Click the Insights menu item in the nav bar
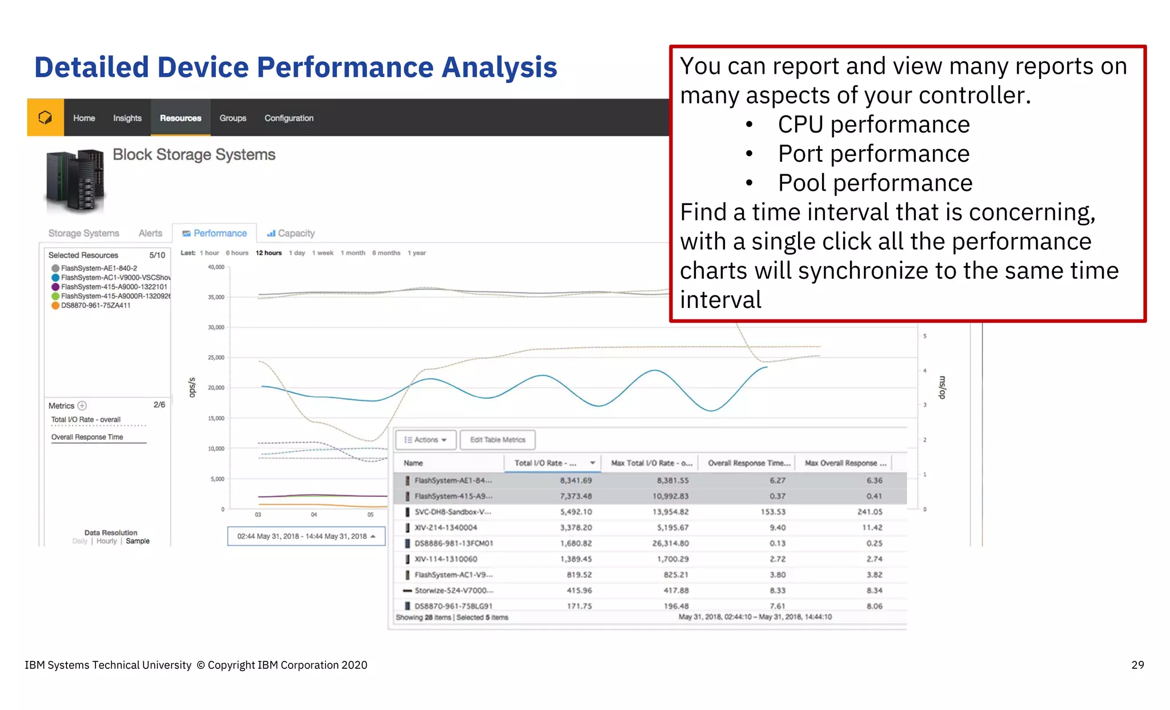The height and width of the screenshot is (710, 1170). pyautogui.click(x=127, y=118)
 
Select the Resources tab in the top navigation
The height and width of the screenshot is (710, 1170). pyautogui.click(x=181, y=118)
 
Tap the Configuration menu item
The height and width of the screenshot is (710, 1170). pyautogui.click(x=289, y=118)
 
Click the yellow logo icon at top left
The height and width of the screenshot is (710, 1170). pyautogui.click(x=45, y=118)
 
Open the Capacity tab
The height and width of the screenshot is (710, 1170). pyautogui.click(x=291, y=233)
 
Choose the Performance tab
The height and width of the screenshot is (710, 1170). pyautogui.click(x=215, y=233)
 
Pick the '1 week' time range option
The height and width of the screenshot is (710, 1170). pyautogui.click(x=323, y=253)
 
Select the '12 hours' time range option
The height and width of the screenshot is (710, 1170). pyautogui.click(x=269, y=253)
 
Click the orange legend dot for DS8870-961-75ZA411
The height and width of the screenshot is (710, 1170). pyautogui.click(x=55, y=306)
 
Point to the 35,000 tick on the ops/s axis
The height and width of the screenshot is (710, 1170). pyautogui.click(x=216, y=297)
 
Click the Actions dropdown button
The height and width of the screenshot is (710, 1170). pyautogui.click(x=426, y=440)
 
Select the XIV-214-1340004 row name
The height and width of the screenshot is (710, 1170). pyautogui.click(x=446, y=528)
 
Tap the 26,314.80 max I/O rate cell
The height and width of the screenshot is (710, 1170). pyautogui.click(x=670, y=543)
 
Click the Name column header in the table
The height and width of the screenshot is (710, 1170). pyautogui.click(x=414, y=463)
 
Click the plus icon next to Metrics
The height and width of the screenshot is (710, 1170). pyautogui.click(x=82, y=406)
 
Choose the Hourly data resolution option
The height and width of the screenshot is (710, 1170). pyautogui.click(x=106, y=541)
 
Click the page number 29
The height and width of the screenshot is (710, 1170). pyautogui.click(x=1137, y=665)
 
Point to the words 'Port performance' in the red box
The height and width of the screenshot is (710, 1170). pyautogui.click(x=874, y=154)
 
